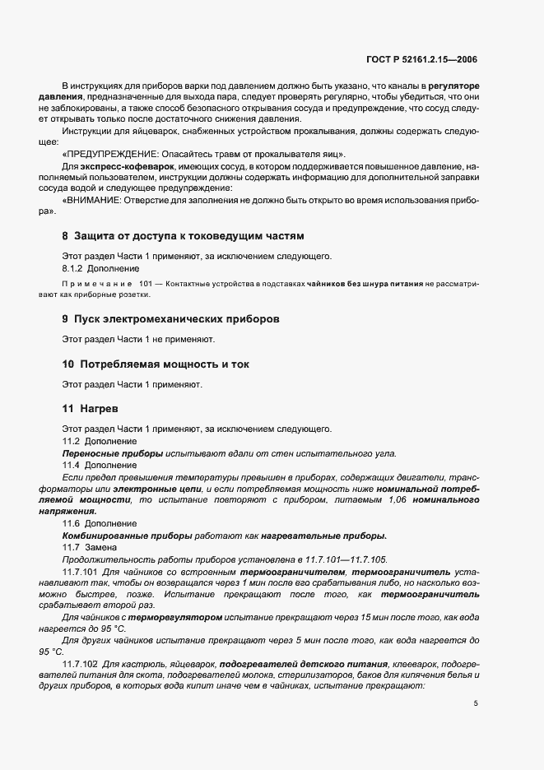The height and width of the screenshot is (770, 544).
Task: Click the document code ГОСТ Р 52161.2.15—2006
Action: [x=420, y=59]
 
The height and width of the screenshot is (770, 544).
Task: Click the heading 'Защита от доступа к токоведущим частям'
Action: [x=188, y=234]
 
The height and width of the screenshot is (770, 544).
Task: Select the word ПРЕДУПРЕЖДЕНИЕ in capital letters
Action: [x=114, y=155]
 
